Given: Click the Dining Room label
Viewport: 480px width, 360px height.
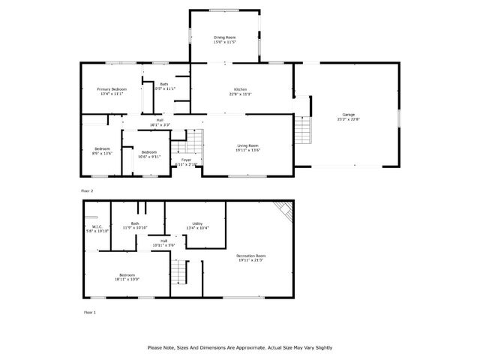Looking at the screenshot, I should point(225,37).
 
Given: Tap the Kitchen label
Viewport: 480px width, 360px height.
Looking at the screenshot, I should point(241,90).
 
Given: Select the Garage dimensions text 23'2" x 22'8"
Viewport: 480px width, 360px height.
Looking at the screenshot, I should point(348,118).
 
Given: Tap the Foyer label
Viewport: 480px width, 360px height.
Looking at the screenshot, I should point(185,160).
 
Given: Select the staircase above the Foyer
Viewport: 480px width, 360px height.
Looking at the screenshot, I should point(193,140).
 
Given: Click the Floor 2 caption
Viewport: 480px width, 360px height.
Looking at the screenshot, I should point(89,192).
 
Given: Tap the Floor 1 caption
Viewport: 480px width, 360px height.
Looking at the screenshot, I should point(89,311).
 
